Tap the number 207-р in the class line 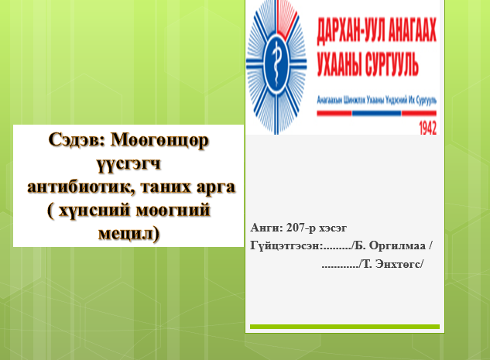pyautogui.click(x=302, y=228)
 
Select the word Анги pyautogui.click(x=266, y=228)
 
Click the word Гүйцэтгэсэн pyautogui.click(x=285, y=246)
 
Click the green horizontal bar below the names pyautogui.click(x=344, y=327)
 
